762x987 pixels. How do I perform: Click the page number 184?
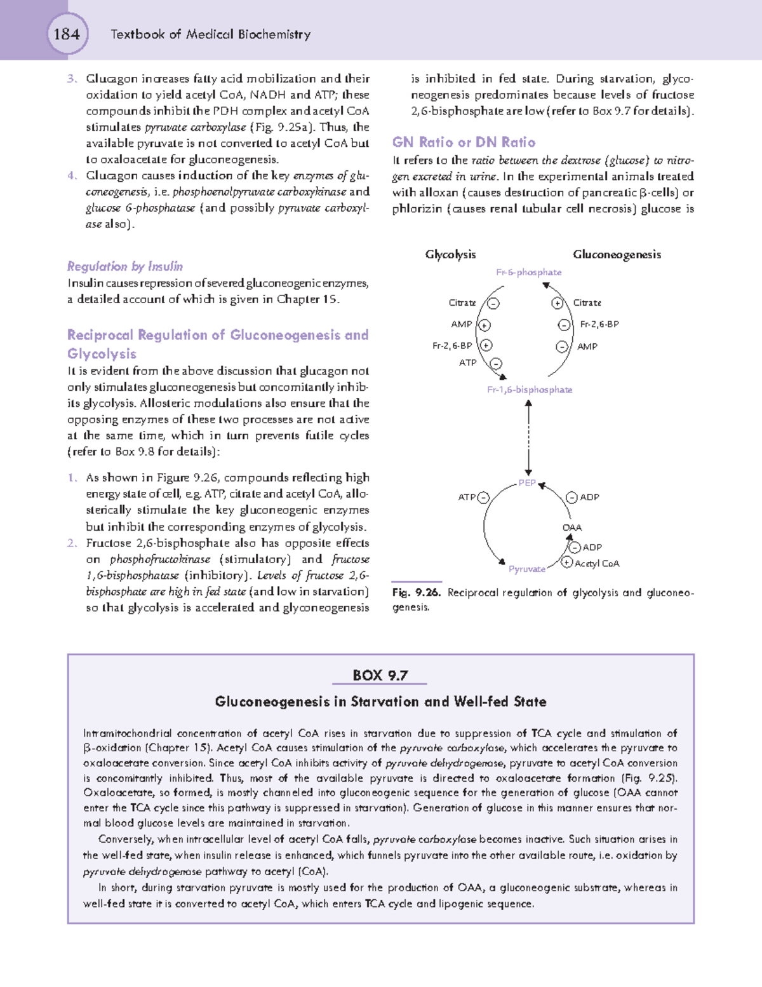pyautogui.click(x=67, y=34)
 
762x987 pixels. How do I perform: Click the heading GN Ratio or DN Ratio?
pyautogui.click(x=464, y=142)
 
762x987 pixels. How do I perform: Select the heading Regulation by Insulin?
pyautogui.click(x=125, y=266)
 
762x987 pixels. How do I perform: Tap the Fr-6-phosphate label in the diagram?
pyautogui.click(x=528, y=272)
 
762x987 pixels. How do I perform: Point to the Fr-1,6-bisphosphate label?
pyautogui.click(x=530, y=390)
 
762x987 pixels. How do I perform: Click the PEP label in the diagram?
pyautogui.click(x=526, y=483)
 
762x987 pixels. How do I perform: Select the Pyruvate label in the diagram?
pyautogui.click(x=526, y=569)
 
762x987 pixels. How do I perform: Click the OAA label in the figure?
pyautogui.click(x=571, y=528)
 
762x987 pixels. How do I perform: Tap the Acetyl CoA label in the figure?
pyautogui.click(x=597, y=564)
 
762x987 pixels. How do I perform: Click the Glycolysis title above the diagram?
pyautogui.click(x=450, y=254)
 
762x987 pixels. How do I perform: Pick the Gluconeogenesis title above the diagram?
pyautogui.click(x=617, y=254)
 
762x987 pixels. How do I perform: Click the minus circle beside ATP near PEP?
pyautogui.click(x=484, y=498)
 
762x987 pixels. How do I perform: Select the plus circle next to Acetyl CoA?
pyautogui.click(x=568, y=562)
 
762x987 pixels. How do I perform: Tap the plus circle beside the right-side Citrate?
pyautogui.click(x=558, y=303)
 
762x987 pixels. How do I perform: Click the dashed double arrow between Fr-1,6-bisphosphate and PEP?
pyautogui.click(x=528, y=439)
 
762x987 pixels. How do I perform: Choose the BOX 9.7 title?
pyautogui.click(x=380, y=675)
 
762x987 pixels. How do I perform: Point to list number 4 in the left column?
pyautogui.click(x=72, y=175)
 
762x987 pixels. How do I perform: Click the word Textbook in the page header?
pyautogui.click(x=138, y=34)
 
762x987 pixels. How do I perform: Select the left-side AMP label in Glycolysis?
pyautogui.click(x=461, y=324)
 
